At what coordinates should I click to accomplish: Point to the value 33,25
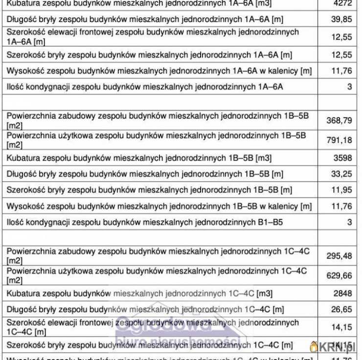coord(341,174)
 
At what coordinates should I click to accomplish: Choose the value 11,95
coord(341,190)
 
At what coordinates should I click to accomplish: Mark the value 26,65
coord(341,310)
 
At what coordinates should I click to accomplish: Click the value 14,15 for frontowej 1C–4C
coord(341,327)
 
